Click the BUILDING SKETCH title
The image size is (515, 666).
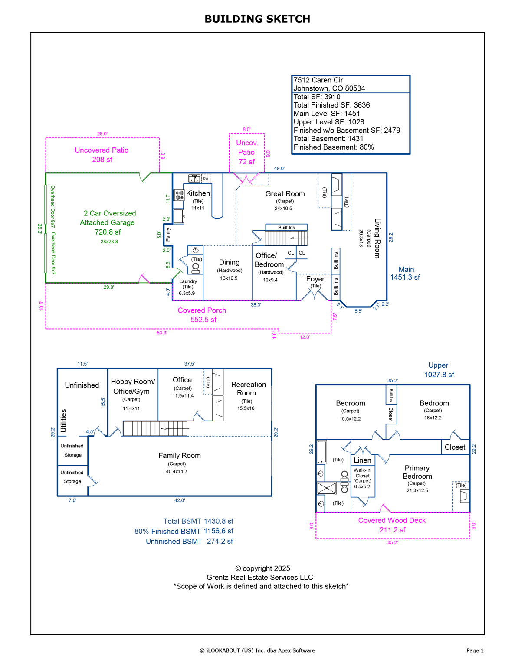tap(257, 19)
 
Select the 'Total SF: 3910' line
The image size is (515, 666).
tap(317, 97)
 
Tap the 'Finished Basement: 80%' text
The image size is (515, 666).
tap(333, 147)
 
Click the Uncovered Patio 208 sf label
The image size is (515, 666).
tap(102, 155)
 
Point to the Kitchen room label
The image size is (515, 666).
tap(198, 193)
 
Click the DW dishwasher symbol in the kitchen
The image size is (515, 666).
tap(206, 178)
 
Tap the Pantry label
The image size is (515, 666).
tap(168, 235)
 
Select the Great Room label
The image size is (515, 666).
tap(285, 194)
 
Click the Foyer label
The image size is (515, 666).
tap(315, 279)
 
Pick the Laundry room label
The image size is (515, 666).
tap(188, 281)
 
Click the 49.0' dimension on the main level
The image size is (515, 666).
tap(279, 168)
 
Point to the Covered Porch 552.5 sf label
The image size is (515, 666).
tap(202, 315)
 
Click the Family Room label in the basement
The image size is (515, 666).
tap(179, 455)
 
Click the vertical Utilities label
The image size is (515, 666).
tap(64, 421)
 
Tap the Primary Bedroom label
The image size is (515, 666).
tap(417, 472)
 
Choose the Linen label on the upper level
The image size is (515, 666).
tap(362, 460)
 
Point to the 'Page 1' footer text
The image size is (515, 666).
tap(475, 650)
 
